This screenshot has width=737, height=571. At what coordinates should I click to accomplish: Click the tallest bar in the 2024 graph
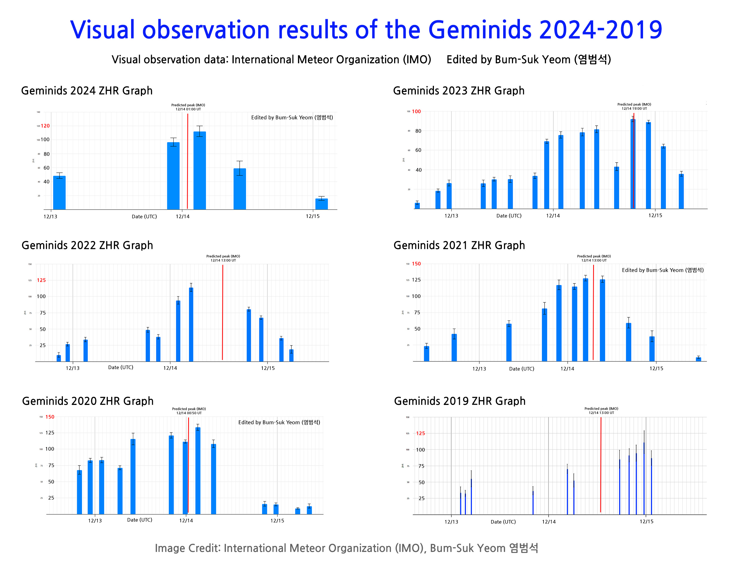click(199, 171)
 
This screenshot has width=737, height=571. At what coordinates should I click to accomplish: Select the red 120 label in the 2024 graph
click(45, 126)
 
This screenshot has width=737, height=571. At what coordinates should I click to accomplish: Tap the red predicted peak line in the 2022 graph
click(222, 312)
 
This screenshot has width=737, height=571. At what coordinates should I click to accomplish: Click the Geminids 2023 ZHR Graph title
click(459, 91)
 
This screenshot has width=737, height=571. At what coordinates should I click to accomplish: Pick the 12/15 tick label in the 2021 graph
click(656, 368)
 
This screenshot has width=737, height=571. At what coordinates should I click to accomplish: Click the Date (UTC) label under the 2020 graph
click(139, 520)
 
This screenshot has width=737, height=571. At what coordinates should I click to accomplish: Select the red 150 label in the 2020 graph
click(50, 417)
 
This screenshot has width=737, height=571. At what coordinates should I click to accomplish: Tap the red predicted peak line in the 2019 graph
click(601, 464)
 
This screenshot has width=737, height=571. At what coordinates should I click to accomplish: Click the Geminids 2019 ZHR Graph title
click(460, 401)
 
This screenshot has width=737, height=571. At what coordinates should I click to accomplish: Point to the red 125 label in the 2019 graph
click(420, 433)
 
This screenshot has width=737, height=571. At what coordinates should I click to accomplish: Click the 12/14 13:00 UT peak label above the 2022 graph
click(223, 260)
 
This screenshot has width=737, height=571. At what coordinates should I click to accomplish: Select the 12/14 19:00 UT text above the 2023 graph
click(634, 108)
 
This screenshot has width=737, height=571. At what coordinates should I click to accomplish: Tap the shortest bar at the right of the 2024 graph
click(321, 204)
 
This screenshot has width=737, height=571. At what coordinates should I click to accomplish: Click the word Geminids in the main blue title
click(480, 30)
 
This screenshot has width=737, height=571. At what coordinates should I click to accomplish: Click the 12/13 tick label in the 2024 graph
click(50, 217)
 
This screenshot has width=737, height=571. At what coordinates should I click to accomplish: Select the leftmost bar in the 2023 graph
click(417, 205)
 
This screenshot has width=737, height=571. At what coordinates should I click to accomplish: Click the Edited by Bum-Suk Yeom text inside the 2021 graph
click(662, 270)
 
